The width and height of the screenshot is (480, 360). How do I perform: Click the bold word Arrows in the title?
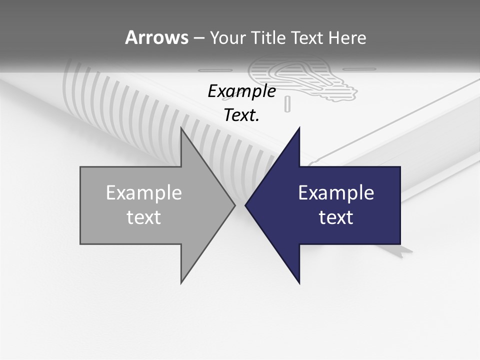(x=156, y=37)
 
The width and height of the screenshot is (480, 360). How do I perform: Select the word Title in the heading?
(x=269, y=37)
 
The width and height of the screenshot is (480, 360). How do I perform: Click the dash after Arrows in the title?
(x=198, y=38)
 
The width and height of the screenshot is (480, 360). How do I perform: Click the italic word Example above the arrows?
(x=241, y=91)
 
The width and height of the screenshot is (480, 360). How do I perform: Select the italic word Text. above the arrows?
(x=241, y=115)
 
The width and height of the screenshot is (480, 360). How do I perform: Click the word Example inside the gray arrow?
(x=144, y=193)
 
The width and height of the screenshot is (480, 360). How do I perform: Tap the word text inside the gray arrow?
(x=144, y=217)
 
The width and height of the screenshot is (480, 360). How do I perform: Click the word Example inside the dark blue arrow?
(x=336, y=193)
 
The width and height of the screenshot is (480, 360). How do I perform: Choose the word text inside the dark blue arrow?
(x=336, y=217)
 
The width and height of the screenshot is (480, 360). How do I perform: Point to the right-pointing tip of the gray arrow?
(x=234, y=205)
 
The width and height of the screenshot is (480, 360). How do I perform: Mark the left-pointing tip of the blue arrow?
(x=246, y=205)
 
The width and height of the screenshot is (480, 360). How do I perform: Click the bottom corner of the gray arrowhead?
(x=181, y=282)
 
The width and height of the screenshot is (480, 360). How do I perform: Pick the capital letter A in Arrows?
(x=131, y=37)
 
